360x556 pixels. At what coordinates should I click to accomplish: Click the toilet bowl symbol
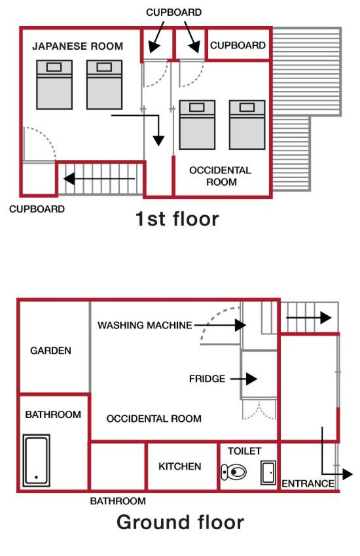234,472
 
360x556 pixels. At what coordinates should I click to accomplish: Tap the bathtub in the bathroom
36,460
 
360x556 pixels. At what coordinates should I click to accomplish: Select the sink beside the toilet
268,472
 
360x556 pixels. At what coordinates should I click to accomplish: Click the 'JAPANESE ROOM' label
78,46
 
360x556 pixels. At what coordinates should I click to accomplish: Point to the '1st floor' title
177,218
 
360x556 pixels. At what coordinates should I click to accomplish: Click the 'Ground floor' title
180,523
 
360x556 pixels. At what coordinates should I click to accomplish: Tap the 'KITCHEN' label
180,466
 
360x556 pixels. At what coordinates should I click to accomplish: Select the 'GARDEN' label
50,351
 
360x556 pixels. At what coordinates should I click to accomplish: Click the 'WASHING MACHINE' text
145,325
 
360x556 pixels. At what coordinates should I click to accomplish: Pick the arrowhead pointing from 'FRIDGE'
251,379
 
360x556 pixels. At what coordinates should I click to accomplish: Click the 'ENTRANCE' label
308,483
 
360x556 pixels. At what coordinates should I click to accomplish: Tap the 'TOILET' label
244,451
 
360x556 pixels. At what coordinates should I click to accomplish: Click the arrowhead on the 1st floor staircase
69,179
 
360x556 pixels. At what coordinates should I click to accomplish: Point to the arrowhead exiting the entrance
347,474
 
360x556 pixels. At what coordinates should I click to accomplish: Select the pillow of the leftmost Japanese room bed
54,67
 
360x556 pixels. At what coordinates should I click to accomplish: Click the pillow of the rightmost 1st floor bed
247,107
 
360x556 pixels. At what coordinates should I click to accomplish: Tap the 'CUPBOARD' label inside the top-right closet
238,45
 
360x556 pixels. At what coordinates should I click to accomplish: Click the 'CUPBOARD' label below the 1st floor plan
37,209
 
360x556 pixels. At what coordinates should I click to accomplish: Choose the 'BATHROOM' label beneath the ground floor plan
118,501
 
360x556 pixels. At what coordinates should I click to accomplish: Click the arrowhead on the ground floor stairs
326,318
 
